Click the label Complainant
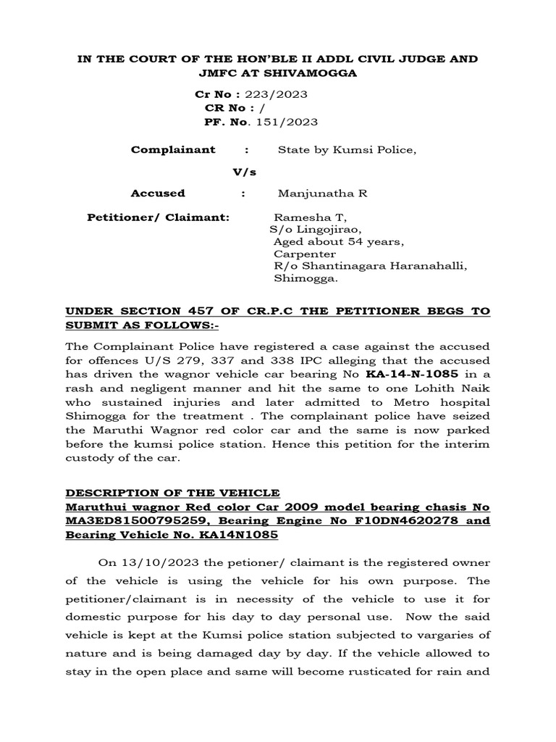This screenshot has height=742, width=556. pos(173,150)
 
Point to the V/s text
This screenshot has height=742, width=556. pos(243,172)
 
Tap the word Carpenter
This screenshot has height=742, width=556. pos(305,254)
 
